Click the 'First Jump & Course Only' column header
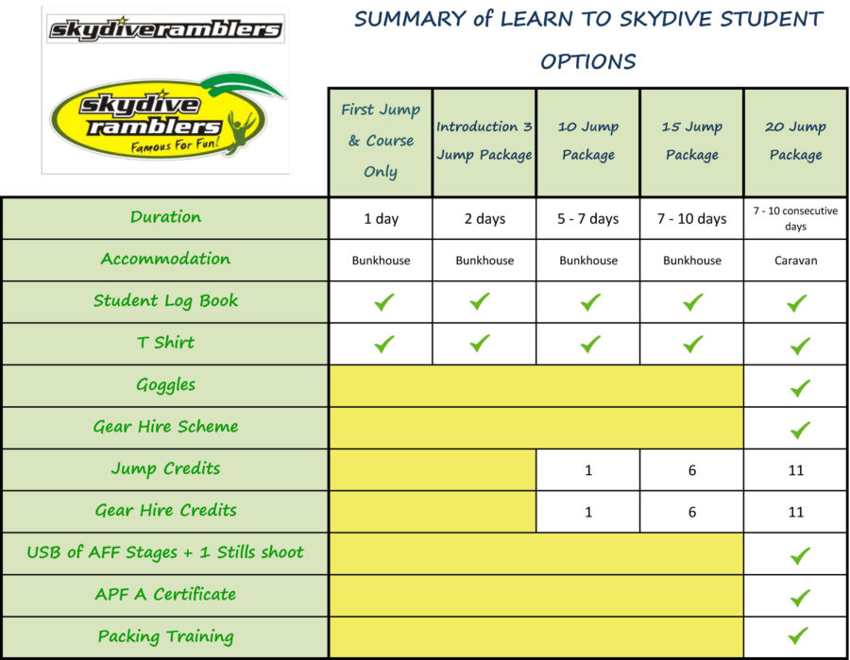pos(381,141)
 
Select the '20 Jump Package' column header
pos(795,141)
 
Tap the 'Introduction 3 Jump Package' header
pos(484,141)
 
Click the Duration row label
pos(166,217)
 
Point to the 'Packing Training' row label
pos(166,636)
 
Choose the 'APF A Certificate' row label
pos(166,594)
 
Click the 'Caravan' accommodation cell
pos(795,260)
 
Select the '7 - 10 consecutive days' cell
pos(795,218)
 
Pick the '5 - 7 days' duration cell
pos(588,218)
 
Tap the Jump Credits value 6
pos(691,470)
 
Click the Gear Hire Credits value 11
pos(795,512)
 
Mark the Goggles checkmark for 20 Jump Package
pos(800,388)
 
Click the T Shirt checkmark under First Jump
pos(384,344)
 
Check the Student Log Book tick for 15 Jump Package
pos(693,302)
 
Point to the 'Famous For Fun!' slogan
pos(175,144)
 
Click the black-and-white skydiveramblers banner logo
pos(165,28)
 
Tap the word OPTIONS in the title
pos(588,61)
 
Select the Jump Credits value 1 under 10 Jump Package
pos(588,470)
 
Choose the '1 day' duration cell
pos(381,218)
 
